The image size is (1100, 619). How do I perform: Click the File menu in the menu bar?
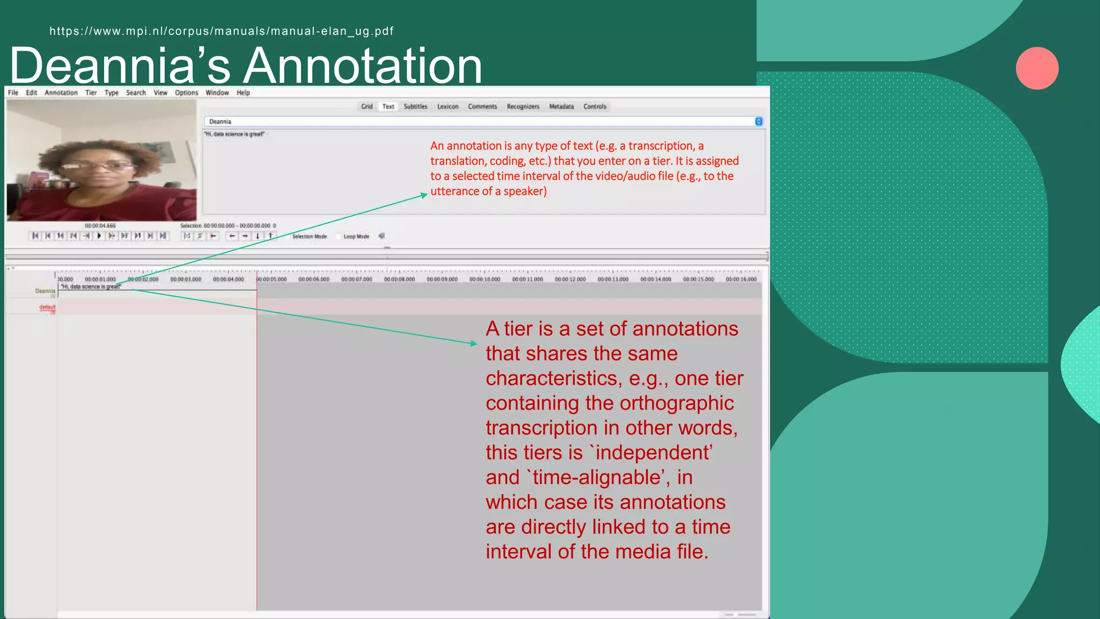[13, 93]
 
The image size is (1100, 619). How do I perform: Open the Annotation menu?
[61, 93]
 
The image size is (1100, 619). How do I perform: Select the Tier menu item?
[91, 93]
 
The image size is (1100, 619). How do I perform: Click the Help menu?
[243, 93]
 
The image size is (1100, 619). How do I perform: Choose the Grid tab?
[367, 107]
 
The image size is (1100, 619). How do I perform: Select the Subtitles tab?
[416, 107]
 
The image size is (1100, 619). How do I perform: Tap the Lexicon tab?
[448, 107]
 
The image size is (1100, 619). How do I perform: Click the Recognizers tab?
[523, 107]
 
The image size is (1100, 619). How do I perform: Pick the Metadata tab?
[561, 107]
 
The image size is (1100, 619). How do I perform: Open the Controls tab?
[595, 107]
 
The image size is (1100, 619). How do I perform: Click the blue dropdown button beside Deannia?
[758, 121]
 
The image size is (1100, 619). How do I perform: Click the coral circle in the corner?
[1037, 68]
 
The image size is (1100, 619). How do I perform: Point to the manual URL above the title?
[221, 31]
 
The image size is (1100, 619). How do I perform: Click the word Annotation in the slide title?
[364, 66]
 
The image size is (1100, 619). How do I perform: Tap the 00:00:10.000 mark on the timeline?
[484, 279]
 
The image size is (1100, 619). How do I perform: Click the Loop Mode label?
[356, 236]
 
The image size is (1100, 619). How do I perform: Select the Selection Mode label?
[309, 236]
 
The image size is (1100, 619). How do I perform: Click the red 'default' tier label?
[47, 307]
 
